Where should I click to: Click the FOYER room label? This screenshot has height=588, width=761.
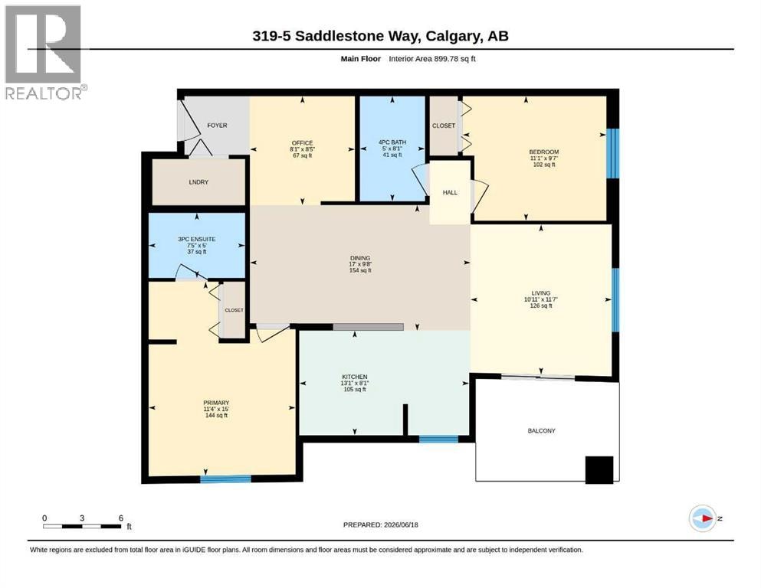[217, 125]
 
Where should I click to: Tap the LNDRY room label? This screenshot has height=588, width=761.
[198, 182]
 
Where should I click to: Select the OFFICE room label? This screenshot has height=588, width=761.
[302, 143]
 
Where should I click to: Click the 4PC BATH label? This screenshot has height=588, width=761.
[392, 142]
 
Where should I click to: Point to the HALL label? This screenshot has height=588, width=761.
[450, 192]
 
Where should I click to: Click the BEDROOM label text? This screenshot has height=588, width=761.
[544, 152]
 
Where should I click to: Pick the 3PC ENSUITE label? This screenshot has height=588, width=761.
[196, 239]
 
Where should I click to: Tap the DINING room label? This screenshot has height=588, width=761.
[360, 258]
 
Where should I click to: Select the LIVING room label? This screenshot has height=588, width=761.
[540, 292]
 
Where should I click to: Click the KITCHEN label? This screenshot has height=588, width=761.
[355, 377]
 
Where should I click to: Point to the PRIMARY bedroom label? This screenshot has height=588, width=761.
[216, 403]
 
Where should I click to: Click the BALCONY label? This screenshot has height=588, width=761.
[541, 430]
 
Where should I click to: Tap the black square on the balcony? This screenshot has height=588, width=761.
[599, 470]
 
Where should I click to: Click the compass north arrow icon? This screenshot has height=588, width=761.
[703, 518]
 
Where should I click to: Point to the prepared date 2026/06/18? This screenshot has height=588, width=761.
[401, 524]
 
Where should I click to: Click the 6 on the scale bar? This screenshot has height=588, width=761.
[121, 518]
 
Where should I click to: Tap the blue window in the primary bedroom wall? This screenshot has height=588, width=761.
[225, 479]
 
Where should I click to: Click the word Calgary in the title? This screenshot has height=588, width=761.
[451, 36]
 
